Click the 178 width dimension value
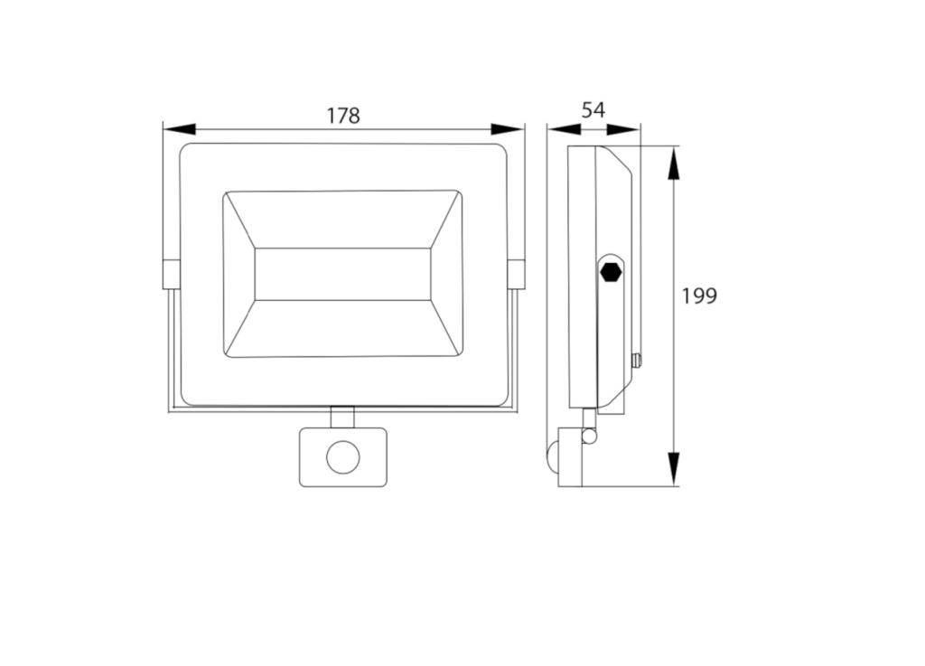[x=342, y=116]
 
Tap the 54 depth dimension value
[x=593, y=110]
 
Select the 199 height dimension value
[x=699, y=295]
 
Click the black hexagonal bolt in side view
[x=611, y=273]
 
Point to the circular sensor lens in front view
[x=342, y=457]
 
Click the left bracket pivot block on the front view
[x=171, y=275]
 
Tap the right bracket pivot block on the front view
[x=516, y=275]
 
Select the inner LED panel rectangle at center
[x=342, y=275]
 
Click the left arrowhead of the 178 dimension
[x=179, y=129]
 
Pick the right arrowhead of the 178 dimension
[x=508, y=129]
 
